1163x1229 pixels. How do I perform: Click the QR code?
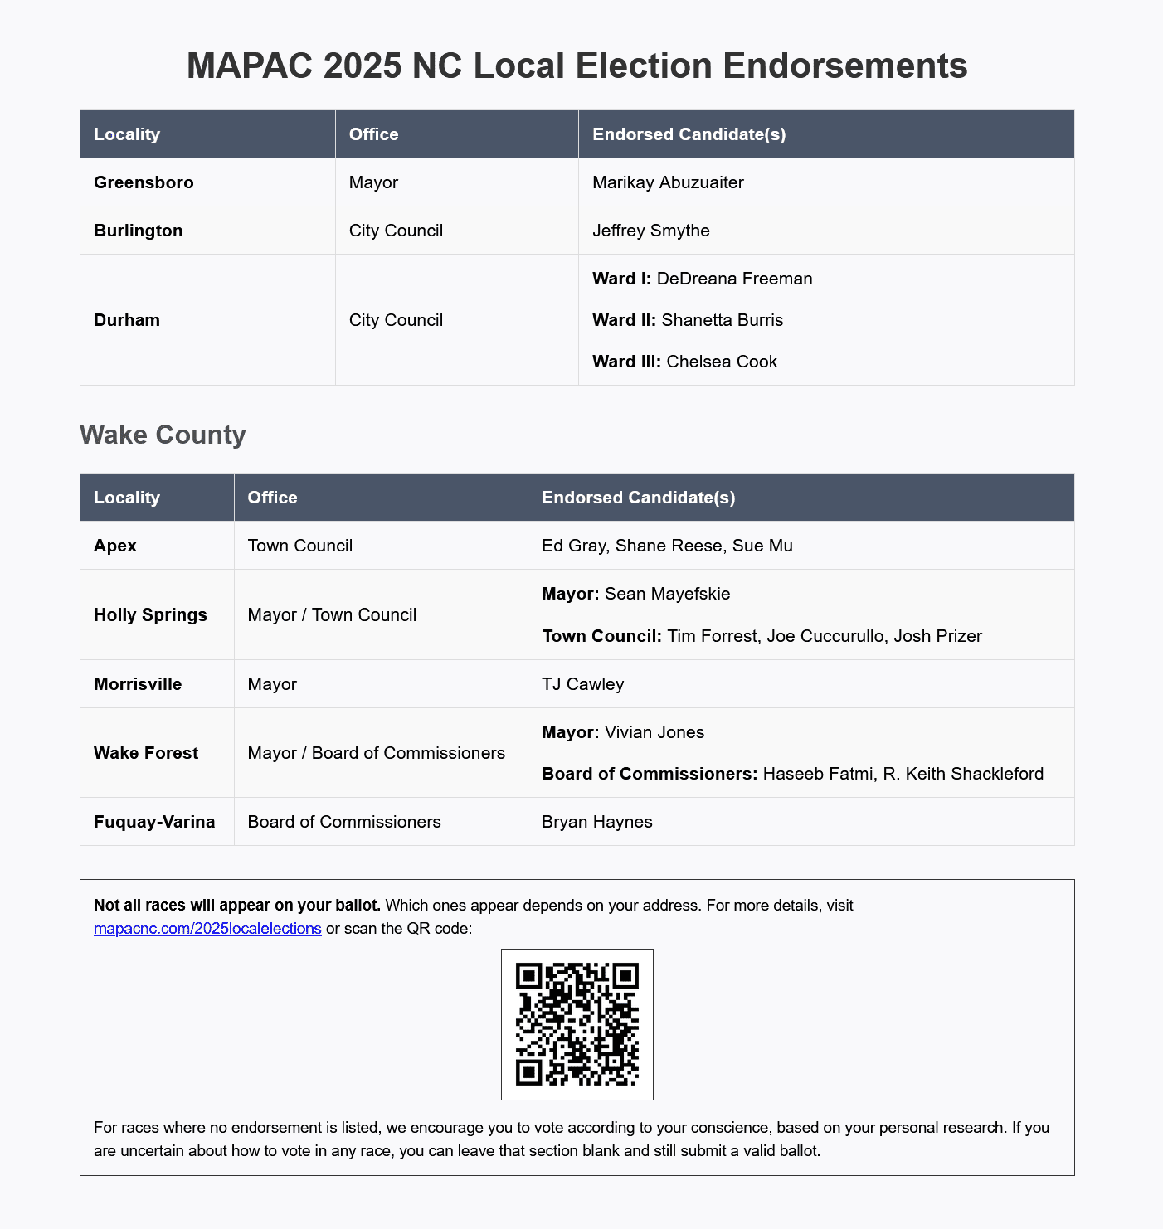pos(577,1024)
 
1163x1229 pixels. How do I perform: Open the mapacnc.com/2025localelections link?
pos(207,929)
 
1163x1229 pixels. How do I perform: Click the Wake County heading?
pos(163,435)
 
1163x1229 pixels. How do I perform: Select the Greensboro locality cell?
pos(144,182)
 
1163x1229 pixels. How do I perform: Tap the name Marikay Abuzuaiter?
pos(668,182)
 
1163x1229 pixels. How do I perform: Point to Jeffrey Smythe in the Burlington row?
pos(651,231)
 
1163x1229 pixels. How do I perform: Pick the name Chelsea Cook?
pos(722,362)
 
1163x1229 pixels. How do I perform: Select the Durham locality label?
pos(127,320)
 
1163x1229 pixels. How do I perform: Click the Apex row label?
pos(115,546)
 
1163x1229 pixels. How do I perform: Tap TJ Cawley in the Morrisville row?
pos(582,684)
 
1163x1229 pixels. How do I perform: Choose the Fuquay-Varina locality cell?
pos(154,822)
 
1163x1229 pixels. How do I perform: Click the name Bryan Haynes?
pos(597,822)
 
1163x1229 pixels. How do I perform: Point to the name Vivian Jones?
pos(654,732)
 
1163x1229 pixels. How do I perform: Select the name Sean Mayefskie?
pos(668,594)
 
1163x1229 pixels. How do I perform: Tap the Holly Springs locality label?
pos(150,615)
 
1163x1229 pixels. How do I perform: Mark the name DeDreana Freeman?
pos(734,279)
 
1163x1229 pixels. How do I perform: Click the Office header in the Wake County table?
pos(272,498)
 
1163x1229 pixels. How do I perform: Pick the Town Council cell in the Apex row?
pos(300,546)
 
